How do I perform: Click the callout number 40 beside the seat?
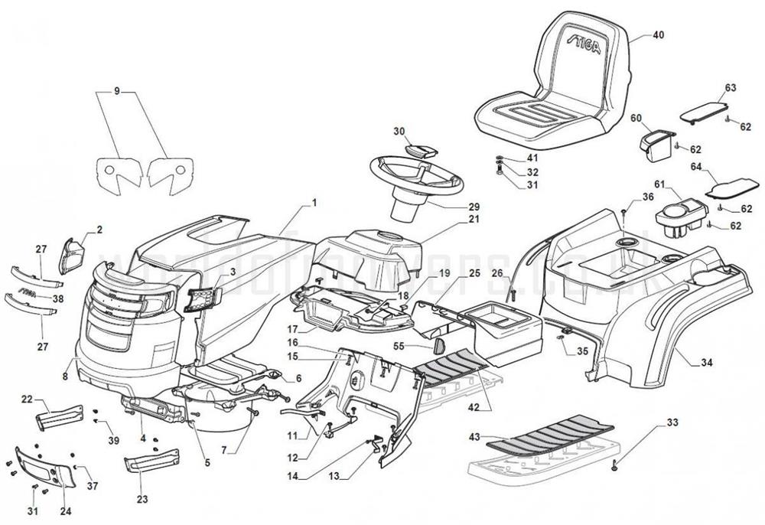659,34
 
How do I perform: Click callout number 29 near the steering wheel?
474,207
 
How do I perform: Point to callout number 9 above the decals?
117,92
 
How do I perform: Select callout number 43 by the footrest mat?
474,436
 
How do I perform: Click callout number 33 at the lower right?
672,422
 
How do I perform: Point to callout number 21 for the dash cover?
474,220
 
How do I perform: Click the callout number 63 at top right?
730,87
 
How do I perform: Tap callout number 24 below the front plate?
64,511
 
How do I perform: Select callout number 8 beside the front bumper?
65,376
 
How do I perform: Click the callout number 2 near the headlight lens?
99,229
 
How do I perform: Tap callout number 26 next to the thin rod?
497,273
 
